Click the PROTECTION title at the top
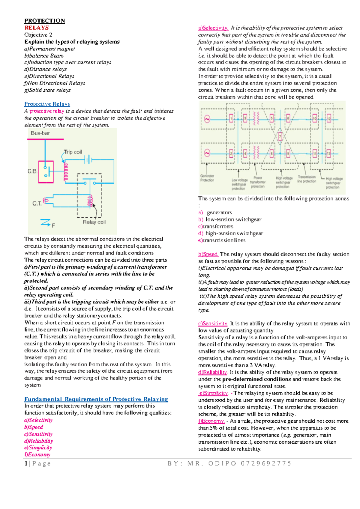pos(44,21)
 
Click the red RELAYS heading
pos(36,28)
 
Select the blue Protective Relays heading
pos(47,104)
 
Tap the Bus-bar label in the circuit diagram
pos(40,133)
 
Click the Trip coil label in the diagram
pos(73,152)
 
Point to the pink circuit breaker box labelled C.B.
pos(46,172)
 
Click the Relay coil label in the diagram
pos(94,222)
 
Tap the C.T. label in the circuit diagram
pos(37,204)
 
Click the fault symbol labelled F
pos(47,223)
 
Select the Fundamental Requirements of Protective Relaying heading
pos(96,399)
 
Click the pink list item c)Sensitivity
pos(38,434)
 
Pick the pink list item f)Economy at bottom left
pos(37,455)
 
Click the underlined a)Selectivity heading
pos(213,28)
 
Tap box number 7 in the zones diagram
pos(280,137)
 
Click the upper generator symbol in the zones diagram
pos(207,119)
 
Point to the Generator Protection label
pos(207,178)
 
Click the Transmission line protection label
pos(307,179)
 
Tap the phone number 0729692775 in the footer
pos(266,463)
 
